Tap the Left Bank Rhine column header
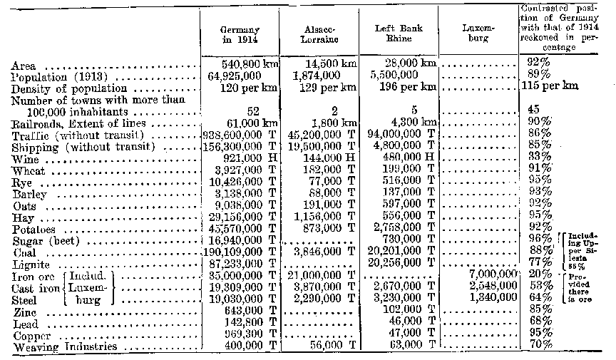(400, 34)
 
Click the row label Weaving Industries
(63, 347)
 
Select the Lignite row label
(30, 262)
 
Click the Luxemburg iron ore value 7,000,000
(491, 273)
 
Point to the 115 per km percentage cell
(550, 86)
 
